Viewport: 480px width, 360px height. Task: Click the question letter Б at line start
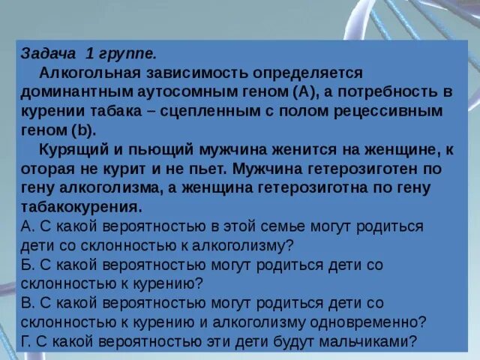(x=25, y=264)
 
